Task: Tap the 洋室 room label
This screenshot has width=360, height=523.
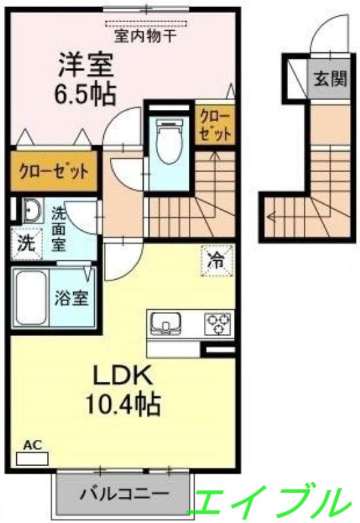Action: click(x=86, y=65)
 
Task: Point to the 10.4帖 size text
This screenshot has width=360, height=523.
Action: click(x=124, y=405)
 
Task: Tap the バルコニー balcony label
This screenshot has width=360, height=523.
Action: click(x=124, y=494)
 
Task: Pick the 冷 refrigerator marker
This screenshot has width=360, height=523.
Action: click(x=216, y=260)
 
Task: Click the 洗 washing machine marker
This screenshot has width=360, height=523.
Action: click(x=25, y=244)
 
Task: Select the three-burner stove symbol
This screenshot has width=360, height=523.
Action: click(x=218, y=322)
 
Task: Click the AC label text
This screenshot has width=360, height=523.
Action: click(x=33, y=445)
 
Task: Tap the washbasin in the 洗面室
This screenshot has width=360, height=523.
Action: click(x=30, y=211)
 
